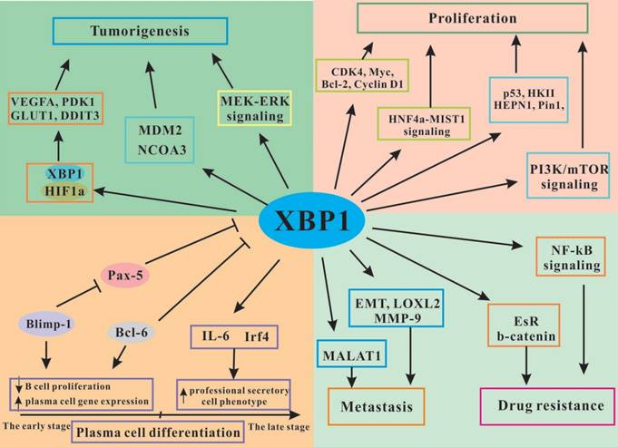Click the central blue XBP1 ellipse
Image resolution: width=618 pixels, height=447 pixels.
pos(309,219)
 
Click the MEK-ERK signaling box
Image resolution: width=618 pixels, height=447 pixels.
pos(253,109)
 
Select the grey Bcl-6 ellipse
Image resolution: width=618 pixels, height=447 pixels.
pos(126,330)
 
